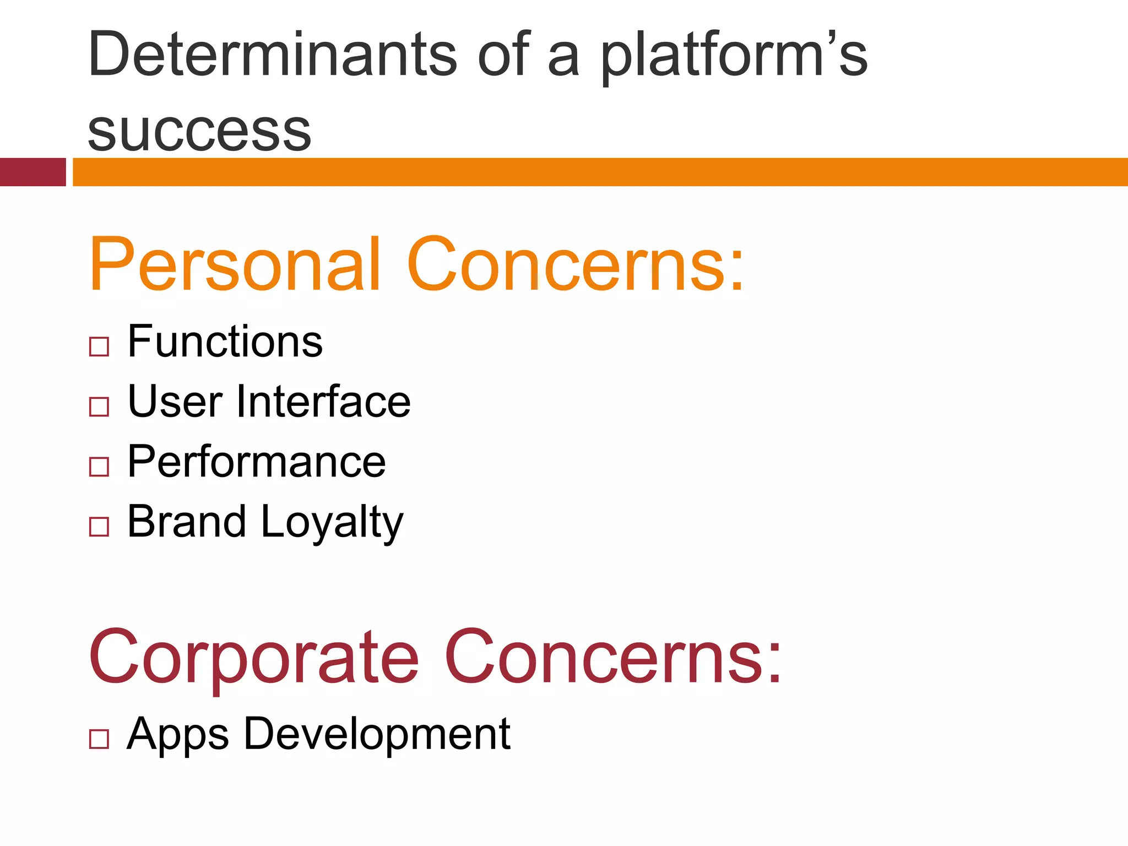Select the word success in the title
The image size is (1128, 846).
pyautogui.click(x=199, y=131)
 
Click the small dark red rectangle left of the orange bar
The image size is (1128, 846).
pyautogui.click(x=32, y=172)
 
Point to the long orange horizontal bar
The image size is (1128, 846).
pyautogui.click(x=600, y=172)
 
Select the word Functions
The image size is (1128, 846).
pyautogui.click(x=225, y=341)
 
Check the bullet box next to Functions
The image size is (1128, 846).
pyautogui.click(x=99, y=346)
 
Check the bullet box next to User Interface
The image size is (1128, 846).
pyautogui.click(x=99, y=406)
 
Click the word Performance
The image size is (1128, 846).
pyautogui.click(x=256, y=462)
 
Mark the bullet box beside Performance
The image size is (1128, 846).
pyautogui.click(x=99, y=467)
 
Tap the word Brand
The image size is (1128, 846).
pyautogui.click(x=186, y=521)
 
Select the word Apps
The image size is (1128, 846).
pyautogui.click(x=177, y=734)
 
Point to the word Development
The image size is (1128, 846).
pyautogui.click(x=377, y=734)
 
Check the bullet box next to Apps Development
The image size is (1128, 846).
pyautogui.click(x=99, y=739)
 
